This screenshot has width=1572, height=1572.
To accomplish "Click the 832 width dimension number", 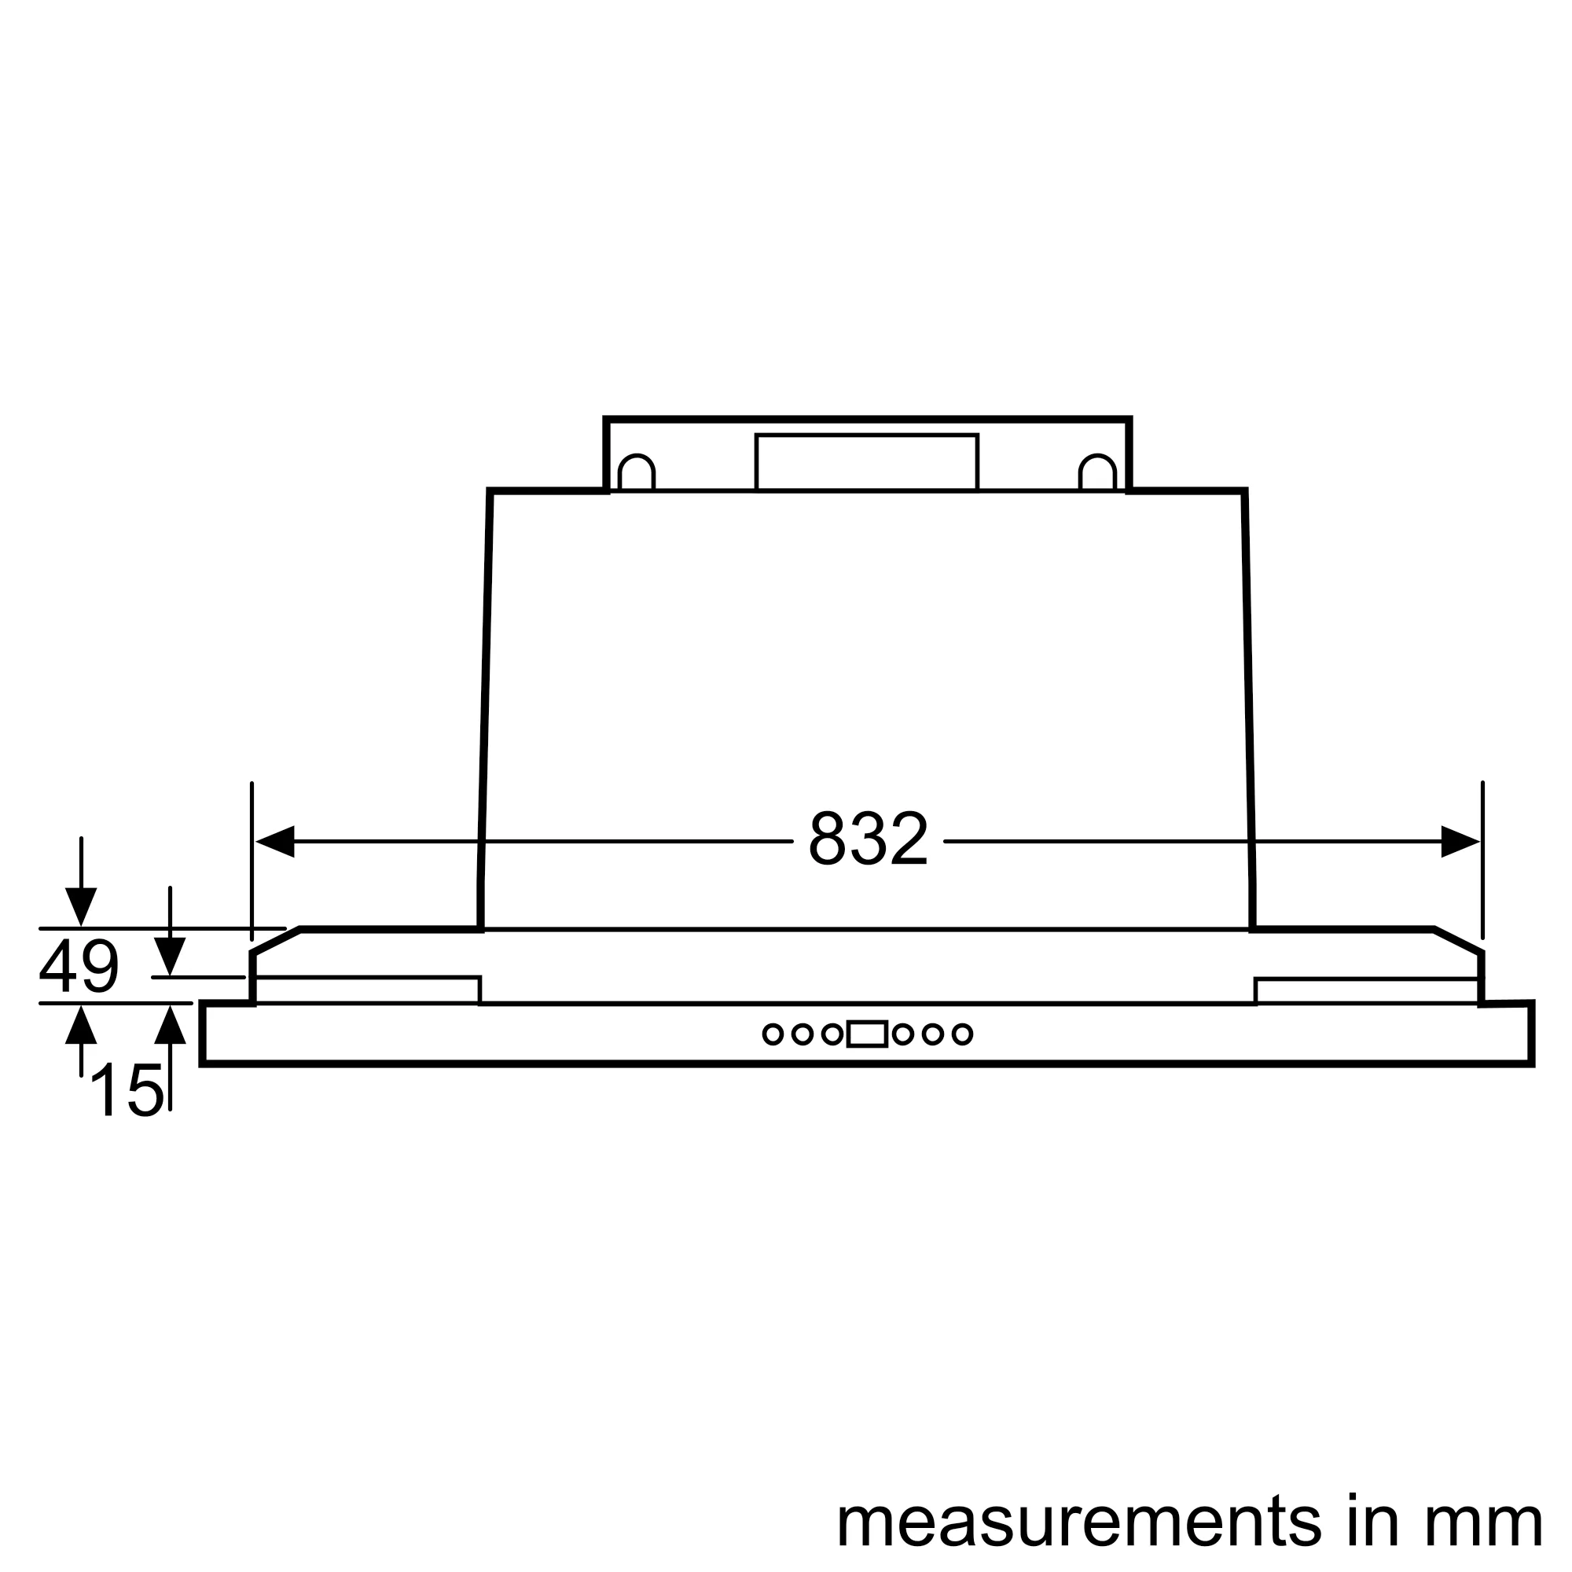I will (x=868, y=839).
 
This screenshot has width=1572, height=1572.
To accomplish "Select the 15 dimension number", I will (x=127, y=1091).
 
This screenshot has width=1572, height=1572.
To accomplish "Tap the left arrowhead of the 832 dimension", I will (x=275, y=841).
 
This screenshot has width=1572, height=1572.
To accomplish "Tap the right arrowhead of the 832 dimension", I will (x=1460, y=841).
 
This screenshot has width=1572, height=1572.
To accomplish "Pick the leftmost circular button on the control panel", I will (x=772, y=1034).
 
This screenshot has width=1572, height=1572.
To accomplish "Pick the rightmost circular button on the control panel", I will (x=962, y=1034).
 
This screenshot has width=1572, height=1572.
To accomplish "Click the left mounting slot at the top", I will (x=637, y=472).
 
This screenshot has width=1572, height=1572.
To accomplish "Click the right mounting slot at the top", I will (x=1096, y=472).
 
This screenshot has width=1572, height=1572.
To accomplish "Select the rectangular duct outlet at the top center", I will (x=866, y=462).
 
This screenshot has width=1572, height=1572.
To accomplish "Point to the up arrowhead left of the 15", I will (x=80, y=1025).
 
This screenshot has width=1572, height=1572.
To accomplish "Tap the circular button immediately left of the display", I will (x=832, y=1034).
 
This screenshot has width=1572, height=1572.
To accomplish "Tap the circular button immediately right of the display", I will (x=902, y=1034).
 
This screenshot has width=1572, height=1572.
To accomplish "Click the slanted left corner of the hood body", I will (x=277, y=940).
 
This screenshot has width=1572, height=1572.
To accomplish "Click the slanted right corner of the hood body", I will (x=1457, y=940).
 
